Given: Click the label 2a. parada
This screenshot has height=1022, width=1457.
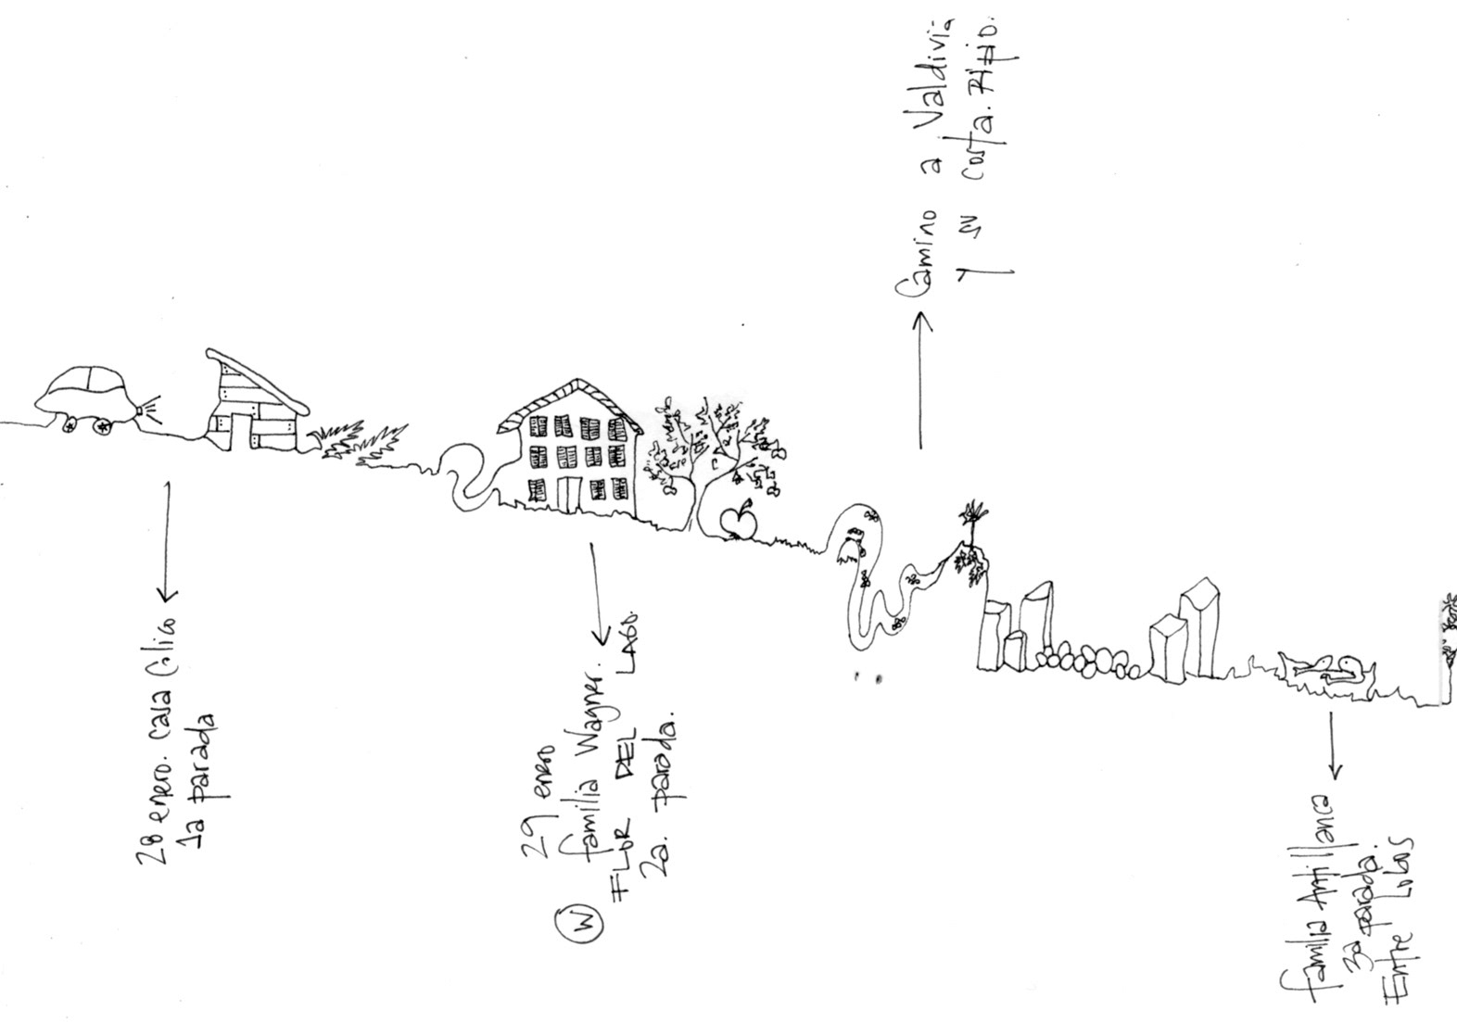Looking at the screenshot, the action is (x=660, y=797).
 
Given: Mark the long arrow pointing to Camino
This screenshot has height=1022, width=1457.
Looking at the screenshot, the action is (x=920, y=380).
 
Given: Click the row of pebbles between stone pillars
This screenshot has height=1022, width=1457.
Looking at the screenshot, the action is (x=1089, y=662).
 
